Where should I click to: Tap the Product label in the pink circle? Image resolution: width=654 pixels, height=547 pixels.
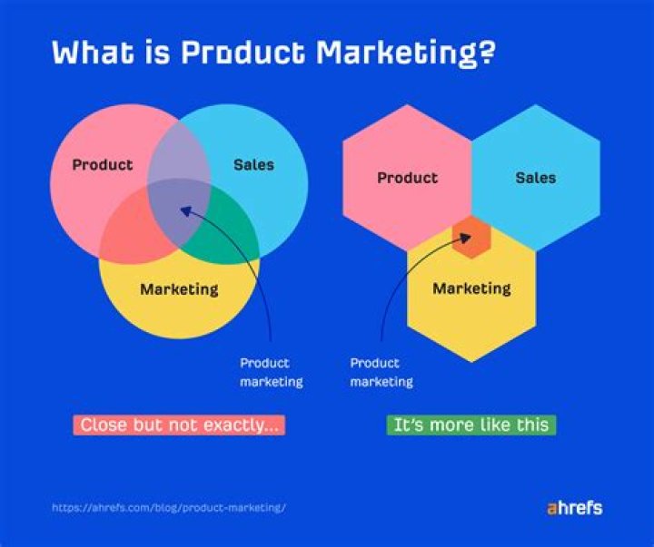click(102, 165)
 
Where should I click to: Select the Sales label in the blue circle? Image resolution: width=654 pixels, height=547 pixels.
click(253, 165)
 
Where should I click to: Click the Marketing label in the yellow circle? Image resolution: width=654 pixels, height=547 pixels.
click(179, 289)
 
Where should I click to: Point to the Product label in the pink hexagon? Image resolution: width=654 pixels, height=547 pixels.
click(407, 178)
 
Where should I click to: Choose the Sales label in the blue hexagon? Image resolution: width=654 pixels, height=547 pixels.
click(535, 178)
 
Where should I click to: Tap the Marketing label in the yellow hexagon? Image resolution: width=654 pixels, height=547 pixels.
click(471, 289)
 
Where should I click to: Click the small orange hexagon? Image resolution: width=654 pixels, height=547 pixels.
click(471, 238)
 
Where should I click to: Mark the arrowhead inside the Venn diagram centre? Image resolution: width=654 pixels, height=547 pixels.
click(185, 210)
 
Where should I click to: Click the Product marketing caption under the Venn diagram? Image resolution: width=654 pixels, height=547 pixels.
click(271, 373)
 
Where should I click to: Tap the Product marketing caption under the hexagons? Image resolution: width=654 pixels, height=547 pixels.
click(381, 373)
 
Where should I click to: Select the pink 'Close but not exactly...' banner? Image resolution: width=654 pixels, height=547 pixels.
click(179, 425)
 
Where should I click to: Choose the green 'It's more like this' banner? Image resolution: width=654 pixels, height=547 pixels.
click(471, 425)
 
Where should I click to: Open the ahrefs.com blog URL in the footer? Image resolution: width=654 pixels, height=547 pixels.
click(168, 507)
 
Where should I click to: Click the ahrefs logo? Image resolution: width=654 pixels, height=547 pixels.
click(574, 507)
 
